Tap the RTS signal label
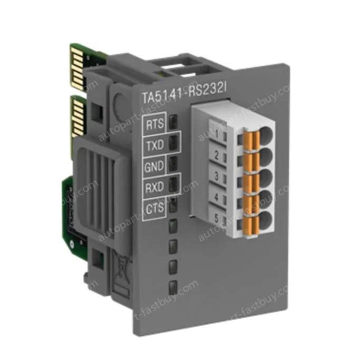pos(154,125)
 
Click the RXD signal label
pos(155,186)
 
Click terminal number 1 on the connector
pos(217,133)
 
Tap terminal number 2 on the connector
pos(217,155)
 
